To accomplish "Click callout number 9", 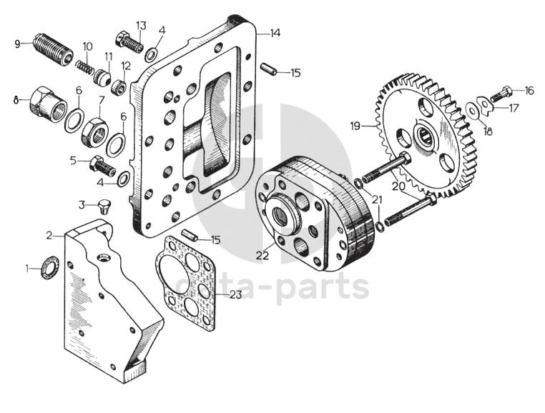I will (18, 43).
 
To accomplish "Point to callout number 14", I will (275, 33).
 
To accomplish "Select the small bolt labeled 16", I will (504, 92).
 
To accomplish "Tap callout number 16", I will (529, 91).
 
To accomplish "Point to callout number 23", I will (237, 294).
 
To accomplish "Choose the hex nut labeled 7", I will (94, 131).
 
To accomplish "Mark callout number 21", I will (377, 201).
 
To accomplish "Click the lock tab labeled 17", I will (486, 106).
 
